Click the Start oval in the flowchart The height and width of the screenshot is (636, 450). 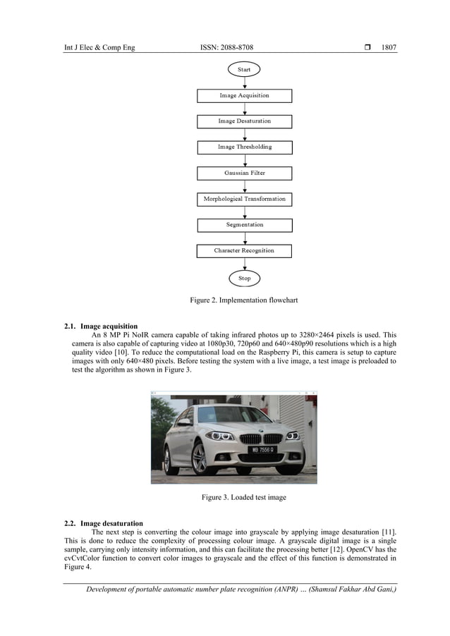click(x=244, y=70)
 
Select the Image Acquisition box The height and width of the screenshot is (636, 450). click(x=244, y=95)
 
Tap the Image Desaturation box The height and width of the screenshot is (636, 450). click(x=244, y=121)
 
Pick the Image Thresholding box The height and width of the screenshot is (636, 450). click(x=244, y=147)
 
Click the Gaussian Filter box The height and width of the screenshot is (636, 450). click(x=244, y=173)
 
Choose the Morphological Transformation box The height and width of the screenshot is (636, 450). click(x=244, y=199)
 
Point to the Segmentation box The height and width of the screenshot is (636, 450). click(x=244, y=225)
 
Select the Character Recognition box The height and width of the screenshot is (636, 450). click(x=244, y=250)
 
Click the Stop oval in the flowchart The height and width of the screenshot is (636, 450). click(x=244, y=278)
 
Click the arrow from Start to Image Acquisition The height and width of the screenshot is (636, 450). click(x=244, y=82)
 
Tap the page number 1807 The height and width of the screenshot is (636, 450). click(x=389, y=47)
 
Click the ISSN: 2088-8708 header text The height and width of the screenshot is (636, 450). click(x=227, y=47)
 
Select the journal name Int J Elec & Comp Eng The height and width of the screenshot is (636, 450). click(x=99, y=47)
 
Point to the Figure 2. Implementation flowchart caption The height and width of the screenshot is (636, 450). click(x=244, y=300)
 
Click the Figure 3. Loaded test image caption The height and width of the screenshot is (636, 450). click(x=244, y=498)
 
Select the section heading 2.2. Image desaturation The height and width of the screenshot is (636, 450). click(x=103, y=523)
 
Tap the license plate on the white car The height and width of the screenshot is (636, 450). click(x=261, y=449)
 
